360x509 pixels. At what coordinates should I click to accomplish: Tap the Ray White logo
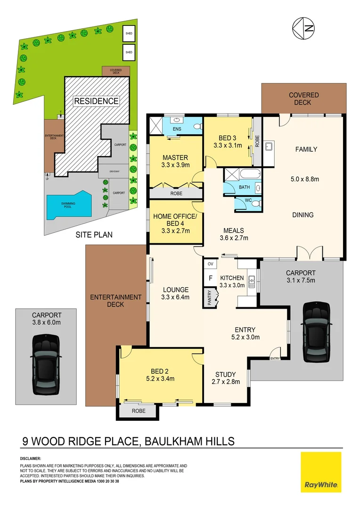(x=321, y=472)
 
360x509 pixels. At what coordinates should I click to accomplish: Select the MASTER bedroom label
(x=175, y=157)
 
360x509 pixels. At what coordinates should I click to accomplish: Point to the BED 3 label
(x=228, y=138)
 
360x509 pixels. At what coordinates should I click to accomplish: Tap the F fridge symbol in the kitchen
(x=211, y=278)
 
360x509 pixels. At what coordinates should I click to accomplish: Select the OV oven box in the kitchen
(x=210, y=263)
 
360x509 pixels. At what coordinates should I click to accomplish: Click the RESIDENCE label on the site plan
(x=96, y=101)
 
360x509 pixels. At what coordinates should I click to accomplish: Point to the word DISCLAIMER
(x=31, y=459)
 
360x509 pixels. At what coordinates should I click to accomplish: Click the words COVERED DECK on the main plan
(x=303, y=99)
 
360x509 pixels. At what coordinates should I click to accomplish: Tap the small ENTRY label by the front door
(x=275, y=359)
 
